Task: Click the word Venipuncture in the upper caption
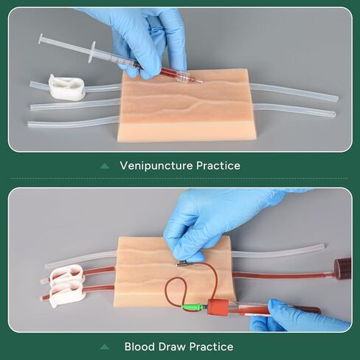(x=154, y=166)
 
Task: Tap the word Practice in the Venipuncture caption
(x=216, y=166)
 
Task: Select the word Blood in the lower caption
(x=140, y=346)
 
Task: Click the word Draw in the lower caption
(x=175, y=346)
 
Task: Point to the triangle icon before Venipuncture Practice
(x=105, y=166)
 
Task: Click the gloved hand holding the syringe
(x=148, y=37)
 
